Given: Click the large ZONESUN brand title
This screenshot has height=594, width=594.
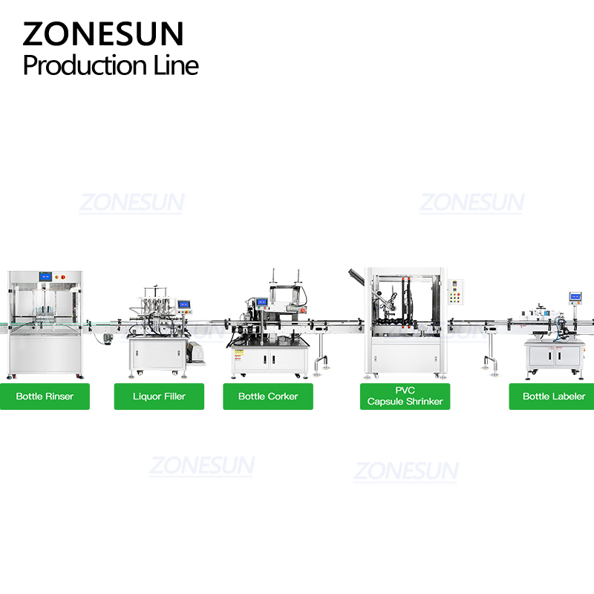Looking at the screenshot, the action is point(103,33).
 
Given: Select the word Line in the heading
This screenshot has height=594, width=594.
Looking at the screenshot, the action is point(176,65).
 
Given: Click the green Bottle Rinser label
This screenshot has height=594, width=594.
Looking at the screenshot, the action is point(45,396).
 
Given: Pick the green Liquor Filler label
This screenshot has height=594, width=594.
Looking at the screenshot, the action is point(159,396).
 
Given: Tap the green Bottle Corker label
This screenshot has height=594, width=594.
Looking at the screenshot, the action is point(268,396).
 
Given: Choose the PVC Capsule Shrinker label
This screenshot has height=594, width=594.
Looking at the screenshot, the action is point(405,396).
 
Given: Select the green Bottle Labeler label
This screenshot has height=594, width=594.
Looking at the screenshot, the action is point(552,396).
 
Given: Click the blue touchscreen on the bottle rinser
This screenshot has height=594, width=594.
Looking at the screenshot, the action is point(45,276).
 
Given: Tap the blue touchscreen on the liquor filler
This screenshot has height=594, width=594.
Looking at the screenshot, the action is point(183,304).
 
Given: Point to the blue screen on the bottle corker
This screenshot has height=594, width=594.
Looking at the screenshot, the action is point(262,302).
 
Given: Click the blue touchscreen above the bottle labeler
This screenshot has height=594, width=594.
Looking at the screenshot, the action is point(575,296).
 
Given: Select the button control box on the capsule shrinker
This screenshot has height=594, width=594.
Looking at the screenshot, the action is point(455,292).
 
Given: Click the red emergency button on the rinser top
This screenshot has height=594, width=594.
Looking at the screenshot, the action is point(63,277).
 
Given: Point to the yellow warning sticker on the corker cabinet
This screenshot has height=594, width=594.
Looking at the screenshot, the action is point(238,355).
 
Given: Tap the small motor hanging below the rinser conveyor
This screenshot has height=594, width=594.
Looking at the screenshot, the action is point(107,339).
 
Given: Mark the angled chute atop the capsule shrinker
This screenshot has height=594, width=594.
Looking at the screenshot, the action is point(356,275).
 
